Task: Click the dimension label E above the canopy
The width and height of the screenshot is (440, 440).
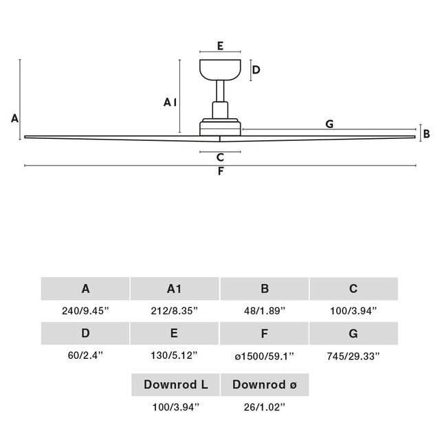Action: [x=220, y=46]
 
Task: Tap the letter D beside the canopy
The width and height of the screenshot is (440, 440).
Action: [x=256, y=69]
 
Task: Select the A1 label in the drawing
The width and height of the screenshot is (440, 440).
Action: [x=170, y=102]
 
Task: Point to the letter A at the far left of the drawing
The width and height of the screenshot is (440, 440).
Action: [x=15, y=118]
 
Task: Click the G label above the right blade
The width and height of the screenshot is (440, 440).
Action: [x=329, y=124]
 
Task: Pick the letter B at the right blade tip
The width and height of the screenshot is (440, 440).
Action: [x=426, y=133]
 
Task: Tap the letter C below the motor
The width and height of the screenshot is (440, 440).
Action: [x=220, y=157]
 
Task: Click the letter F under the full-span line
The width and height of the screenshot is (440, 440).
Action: [x=221, y=172]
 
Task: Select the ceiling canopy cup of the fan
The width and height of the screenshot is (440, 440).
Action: [x=220, y=69]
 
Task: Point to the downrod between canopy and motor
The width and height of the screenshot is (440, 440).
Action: [x=220, y=91]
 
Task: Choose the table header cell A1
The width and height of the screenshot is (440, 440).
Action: [x=175, y=289]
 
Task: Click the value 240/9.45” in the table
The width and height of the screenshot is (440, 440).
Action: [x=85, y=311]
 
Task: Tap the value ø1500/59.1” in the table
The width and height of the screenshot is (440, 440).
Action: [x=264, y=355]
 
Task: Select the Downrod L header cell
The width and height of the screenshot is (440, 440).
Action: [x=175, y=384]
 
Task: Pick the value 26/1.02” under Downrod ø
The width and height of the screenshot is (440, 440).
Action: [x=264, y=406]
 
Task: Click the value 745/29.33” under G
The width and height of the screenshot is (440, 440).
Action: [x=353, y=355]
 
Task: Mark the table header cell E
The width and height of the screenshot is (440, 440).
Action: [x=175, y=333]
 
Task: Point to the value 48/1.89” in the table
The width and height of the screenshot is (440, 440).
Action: [x=264, y=311]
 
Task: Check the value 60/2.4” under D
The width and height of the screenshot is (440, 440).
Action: [x=85, y=355]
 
